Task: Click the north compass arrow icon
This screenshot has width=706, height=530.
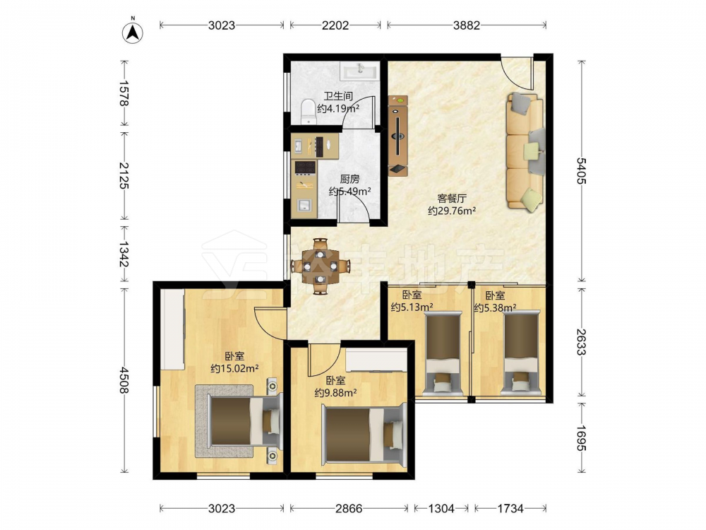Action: pos(133,33)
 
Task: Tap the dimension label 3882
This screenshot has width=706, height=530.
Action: pos(467,25)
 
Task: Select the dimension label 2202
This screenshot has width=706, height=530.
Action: pos(335,25)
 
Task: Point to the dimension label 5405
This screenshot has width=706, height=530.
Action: pos(581,170)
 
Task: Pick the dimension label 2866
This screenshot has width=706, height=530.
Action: pos(349,509)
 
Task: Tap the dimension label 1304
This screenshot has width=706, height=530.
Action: pos(441,509)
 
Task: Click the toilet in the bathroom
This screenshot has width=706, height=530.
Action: pos(309,111)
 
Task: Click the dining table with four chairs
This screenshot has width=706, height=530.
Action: pos(320,266)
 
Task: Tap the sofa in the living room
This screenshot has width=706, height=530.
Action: pos(525,152)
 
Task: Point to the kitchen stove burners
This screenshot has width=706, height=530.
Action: pos(304,167)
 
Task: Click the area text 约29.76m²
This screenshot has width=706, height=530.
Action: pos(452,211)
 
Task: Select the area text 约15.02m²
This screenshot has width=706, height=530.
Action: pos(234,369)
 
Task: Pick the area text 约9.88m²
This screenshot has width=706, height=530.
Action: pos(335,393)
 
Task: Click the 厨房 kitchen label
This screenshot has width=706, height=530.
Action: pos(350,179)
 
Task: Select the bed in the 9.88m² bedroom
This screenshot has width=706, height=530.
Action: pos(364,435)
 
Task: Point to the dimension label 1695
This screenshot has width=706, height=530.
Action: pos(581,437)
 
